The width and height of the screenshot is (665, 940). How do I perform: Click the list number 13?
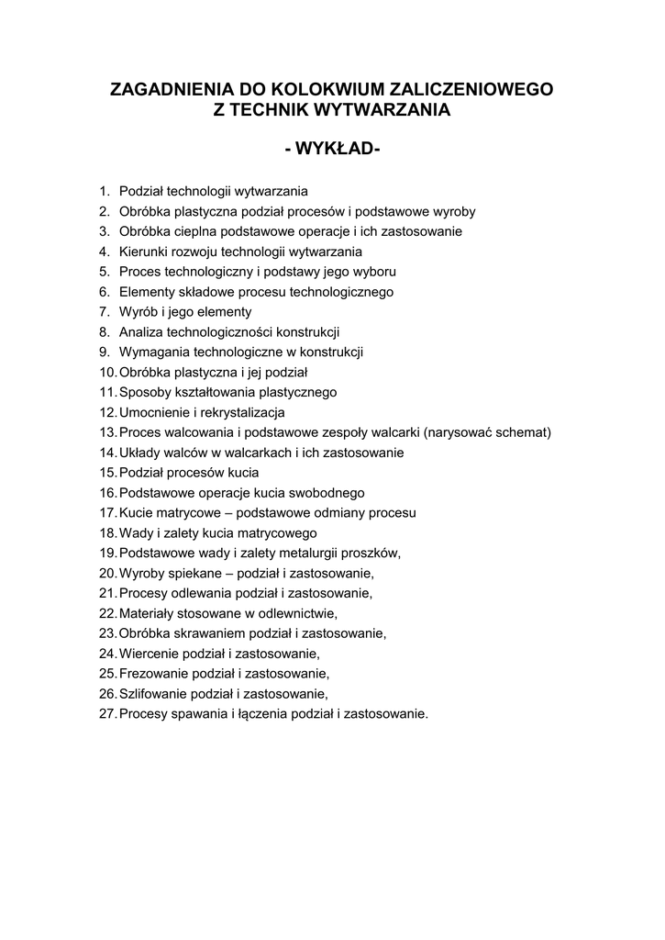pyautogui.click(x=106, y=432)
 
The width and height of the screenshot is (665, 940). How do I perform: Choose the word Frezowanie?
pyautogui.click(x=152, y=674)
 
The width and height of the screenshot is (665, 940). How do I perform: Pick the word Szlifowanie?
pyautogui.click(x=152, y=694)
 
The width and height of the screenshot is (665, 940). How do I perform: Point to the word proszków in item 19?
pyautogui.click(x=371, y=553)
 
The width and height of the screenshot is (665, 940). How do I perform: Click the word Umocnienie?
pyautogui.click(x=153, y=412)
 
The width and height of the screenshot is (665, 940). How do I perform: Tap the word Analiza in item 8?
pyautogui.click(x=140, y=332)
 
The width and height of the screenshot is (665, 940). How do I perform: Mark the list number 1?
pyautogui.click(x=105, y=191)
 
